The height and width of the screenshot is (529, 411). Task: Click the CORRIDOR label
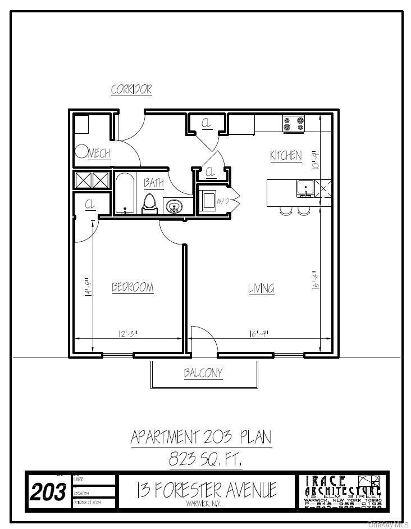[131, 89]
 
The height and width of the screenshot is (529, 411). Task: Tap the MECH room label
[99, 153]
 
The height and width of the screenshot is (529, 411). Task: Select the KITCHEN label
[286, 156]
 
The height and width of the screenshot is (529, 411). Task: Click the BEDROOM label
[133, 287]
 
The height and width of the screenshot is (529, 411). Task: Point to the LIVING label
[261, 289]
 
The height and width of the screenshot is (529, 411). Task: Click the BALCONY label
[203, 373]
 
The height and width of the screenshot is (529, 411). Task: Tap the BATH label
[153, 183]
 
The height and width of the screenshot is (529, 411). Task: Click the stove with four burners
[293, 124]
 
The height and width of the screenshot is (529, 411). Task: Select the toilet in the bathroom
[150, 204]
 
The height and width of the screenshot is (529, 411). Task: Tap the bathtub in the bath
[124, 193]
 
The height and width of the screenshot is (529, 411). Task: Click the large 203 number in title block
[48, 493]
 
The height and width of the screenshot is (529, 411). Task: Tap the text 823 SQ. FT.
[205, 460]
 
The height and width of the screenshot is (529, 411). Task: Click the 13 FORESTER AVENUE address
[206, 490]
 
